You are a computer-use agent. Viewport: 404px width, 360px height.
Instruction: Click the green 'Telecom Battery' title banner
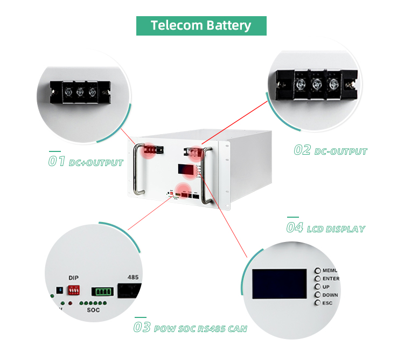(201, 25)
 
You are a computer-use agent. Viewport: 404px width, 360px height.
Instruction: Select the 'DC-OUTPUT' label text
(340, 151)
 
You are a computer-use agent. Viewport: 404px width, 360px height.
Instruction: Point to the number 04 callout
(295, 227)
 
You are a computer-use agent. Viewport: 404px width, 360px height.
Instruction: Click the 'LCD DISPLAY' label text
(336, 229)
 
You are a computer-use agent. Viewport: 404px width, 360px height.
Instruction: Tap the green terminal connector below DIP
(103, 292)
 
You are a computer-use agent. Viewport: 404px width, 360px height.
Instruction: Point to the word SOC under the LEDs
(93, 311)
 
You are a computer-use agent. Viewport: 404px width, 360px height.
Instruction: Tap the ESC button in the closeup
(318, 303)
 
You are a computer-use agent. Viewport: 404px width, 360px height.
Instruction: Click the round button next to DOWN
(318, 295)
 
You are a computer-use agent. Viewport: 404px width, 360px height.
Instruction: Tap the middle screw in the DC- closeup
(317, 84)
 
